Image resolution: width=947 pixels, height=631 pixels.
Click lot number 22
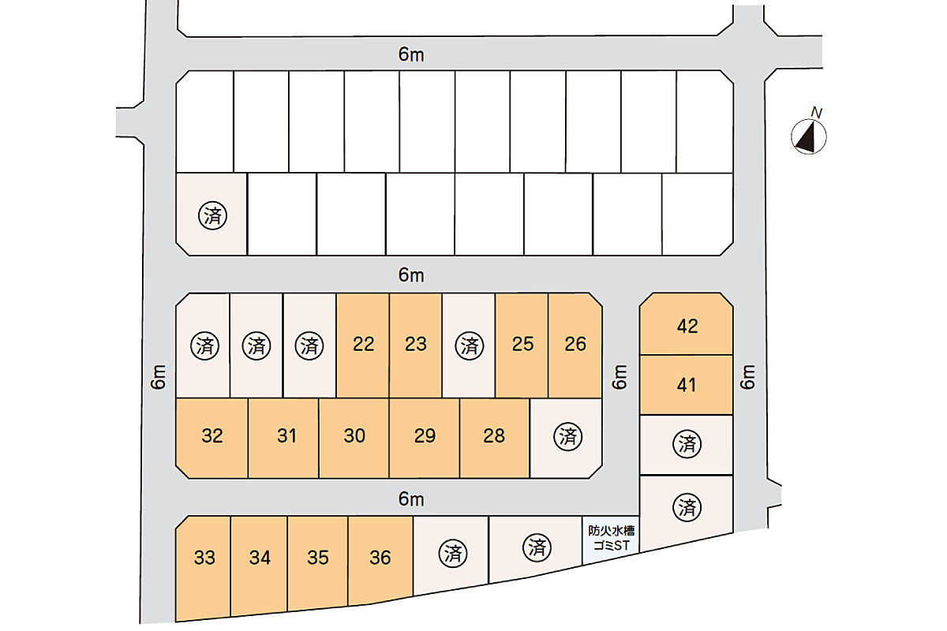pyautogui.click(x=364, y=345)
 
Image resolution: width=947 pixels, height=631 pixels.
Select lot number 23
pyautogui.click(x=416, y=345)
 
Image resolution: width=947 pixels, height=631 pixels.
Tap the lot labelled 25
pyautogui.click(x=522, y=345)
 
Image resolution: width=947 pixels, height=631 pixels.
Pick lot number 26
pyautogui.click(x=575, y=345)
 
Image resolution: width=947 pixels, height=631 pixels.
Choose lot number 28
pyautogui.click(x=494, y=436)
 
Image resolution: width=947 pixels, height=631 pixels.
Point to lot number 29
pyautogui.click(x=425, y=436)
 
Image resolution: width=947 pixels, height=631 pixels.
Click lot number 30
pyautogui.click(x=354, y=436)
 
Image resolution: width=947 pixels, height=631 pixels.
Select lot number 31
pyautogui.click(x=286, y=436)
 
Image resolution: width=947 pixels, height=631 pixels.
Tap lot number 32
pyautogui.click(x=212, y=436)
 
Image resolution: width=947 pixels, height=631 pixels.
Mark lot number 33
pyautogui.click(x=204, y=558)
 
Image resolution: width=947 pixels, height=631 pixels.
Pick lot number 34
pyautogui.click(x=260, y=558)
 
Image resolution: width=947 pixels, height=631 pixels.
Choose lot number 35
pyautogui.click(x=318, y=558)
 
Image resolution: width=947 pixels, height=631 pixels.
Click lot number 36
pyautogui.click(x=380, y=558)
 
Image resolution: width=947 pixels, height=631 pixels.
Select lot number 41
pyautogui.click(x=687, y=386)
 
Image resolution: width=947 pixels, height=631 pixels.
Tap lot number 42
pyautogui.click(x=687, y=327)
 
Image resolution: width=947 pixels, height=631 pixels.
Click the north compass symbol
pyautogui.click(x=809, y=137)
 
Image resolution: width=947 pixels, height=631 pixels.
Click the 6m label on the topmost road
pyautogui.click(x=411, y=55)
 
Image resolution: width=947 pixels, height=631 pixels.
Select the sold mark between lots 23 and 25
pyautogui.click(x=470, y=345)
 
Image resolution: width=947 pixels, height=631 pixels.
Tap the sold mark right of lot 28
pyautogui.click(x=568, y=436)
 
